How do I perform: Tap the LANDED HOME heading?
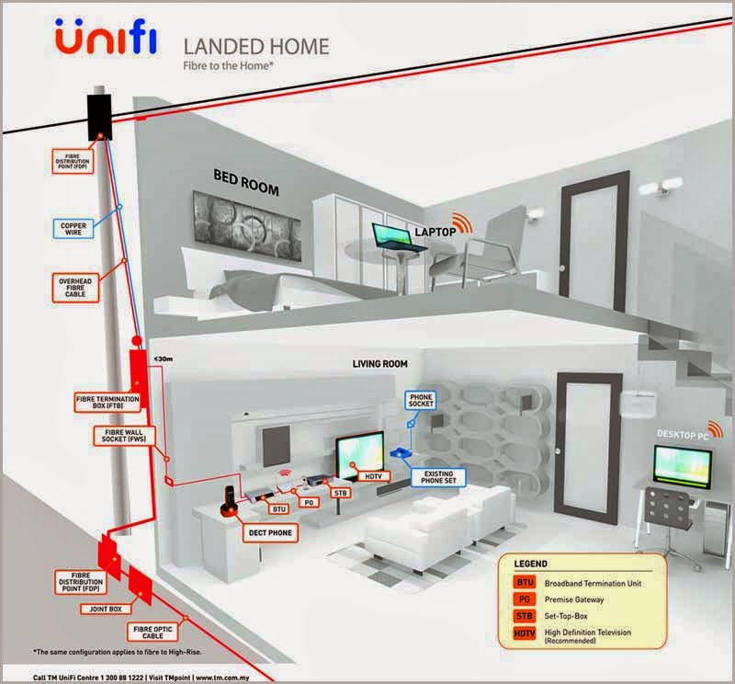[256, 45]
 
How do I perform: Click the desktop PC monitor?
[681, 465]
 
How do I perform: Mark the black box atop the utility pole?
[99, 115]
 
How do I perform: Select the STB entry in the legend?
[525, 617]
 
